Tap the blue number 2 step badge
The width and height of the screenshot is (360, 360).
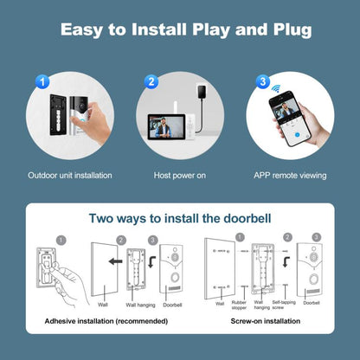[x=151, y=82]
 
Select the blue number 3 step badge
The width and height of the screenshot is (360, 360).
[x=261, y=83]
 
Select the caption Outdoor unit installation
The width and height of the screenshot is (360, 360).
[x=69, y=176]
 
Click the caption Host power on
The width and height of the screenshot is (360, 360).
[x=180, y=176]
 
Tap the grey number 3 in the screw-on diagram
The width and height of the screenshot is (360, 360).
[x=316, y=237]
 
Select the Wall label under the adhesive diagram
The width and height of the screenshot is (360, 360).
[x=101, y=305]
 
